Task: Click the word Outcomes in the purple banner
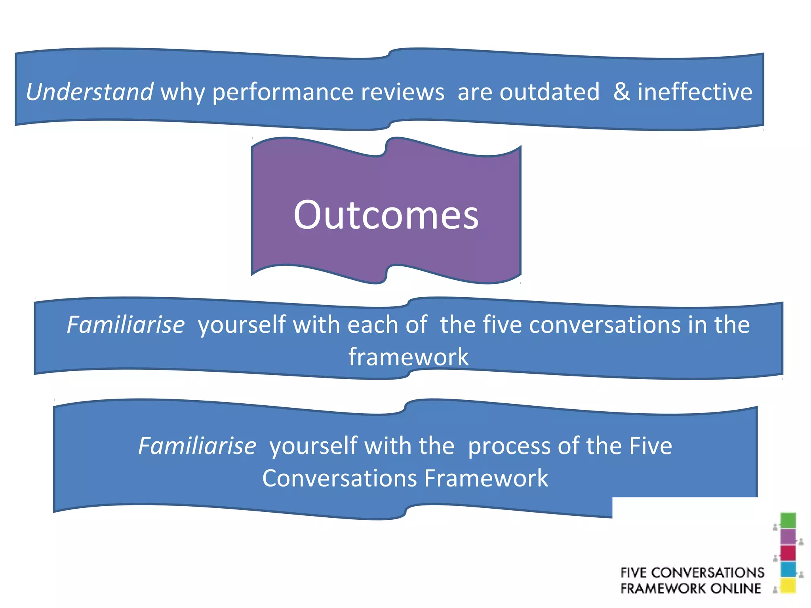point(386,215)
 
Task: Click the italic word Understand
point(89,92)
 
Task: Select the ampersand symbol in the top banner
point(622,92)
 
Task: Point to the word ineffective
point(695,92)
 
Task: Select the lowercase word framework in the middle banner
point(408,357)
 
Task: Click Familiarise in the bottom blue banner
point(197,446)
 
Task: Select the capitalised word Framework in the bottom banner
point(486,478)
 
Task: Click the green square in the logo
point(788,521)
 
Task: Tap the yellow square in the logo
point(788,585)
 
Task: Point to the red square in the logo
point(788,553)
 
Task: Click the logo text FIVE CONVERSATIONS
point(692,572)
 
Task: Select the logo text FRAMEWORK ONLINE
point(690,588)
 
